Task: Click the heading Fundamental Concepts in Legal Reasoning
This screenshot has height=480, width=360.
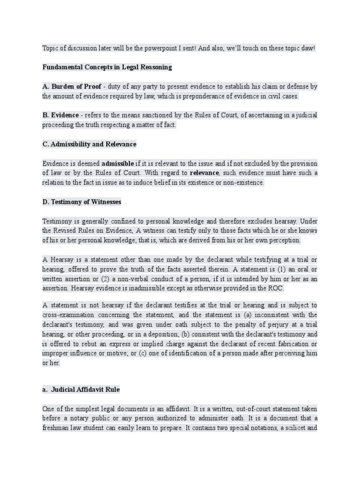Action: (107, 67)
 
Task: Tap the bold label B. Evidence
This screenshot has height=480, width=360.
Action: (60, 115)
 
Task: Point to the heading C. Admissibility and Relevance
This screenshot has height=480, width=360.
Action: (89, 144)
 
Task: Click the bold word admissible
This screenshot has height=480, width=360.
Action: (118, 163)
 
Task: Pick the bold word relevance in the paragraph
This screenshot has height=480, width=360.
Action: (204, 173)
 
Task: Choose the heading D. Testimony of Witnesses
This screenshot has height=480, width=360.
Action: (82, 202)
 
